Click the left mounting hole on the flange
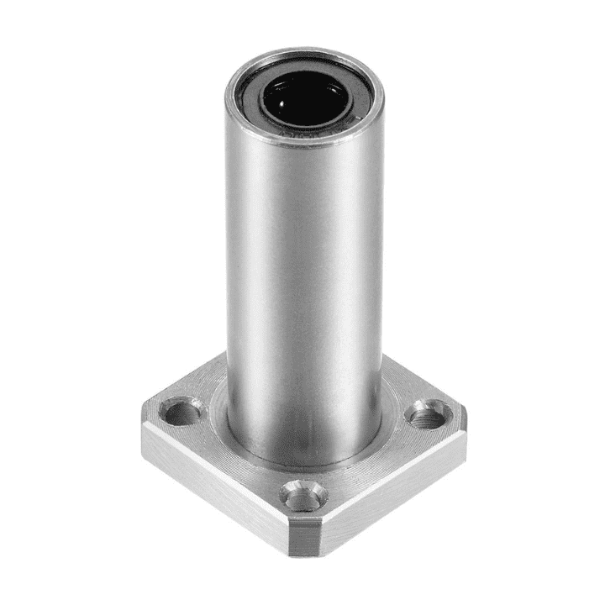point(178,411)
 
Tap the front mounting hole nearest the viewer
point(303,497)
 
